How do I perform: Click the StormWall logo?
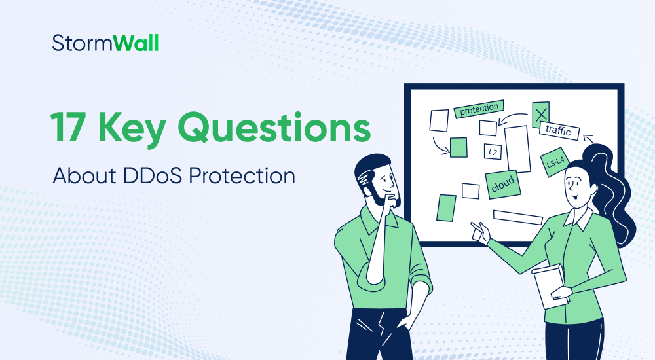pyautogui.click(x=105, y=44)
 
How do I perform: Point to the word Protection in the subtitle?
pyautogui.click(x=246, y=175)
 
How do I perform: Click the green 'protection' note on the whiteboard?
pyautogui.click(x=479, y=109)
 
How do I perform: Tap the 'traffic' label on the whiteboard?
pyautogui.click(x=559, y=131)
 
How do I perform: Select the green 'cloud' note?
pyautogui.click(x=503, y=185)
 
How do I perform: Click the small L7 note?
pyautogui.click(x=493, y=152)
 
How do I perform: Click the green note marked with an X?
pyautogui.click(x=540, y=115)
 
